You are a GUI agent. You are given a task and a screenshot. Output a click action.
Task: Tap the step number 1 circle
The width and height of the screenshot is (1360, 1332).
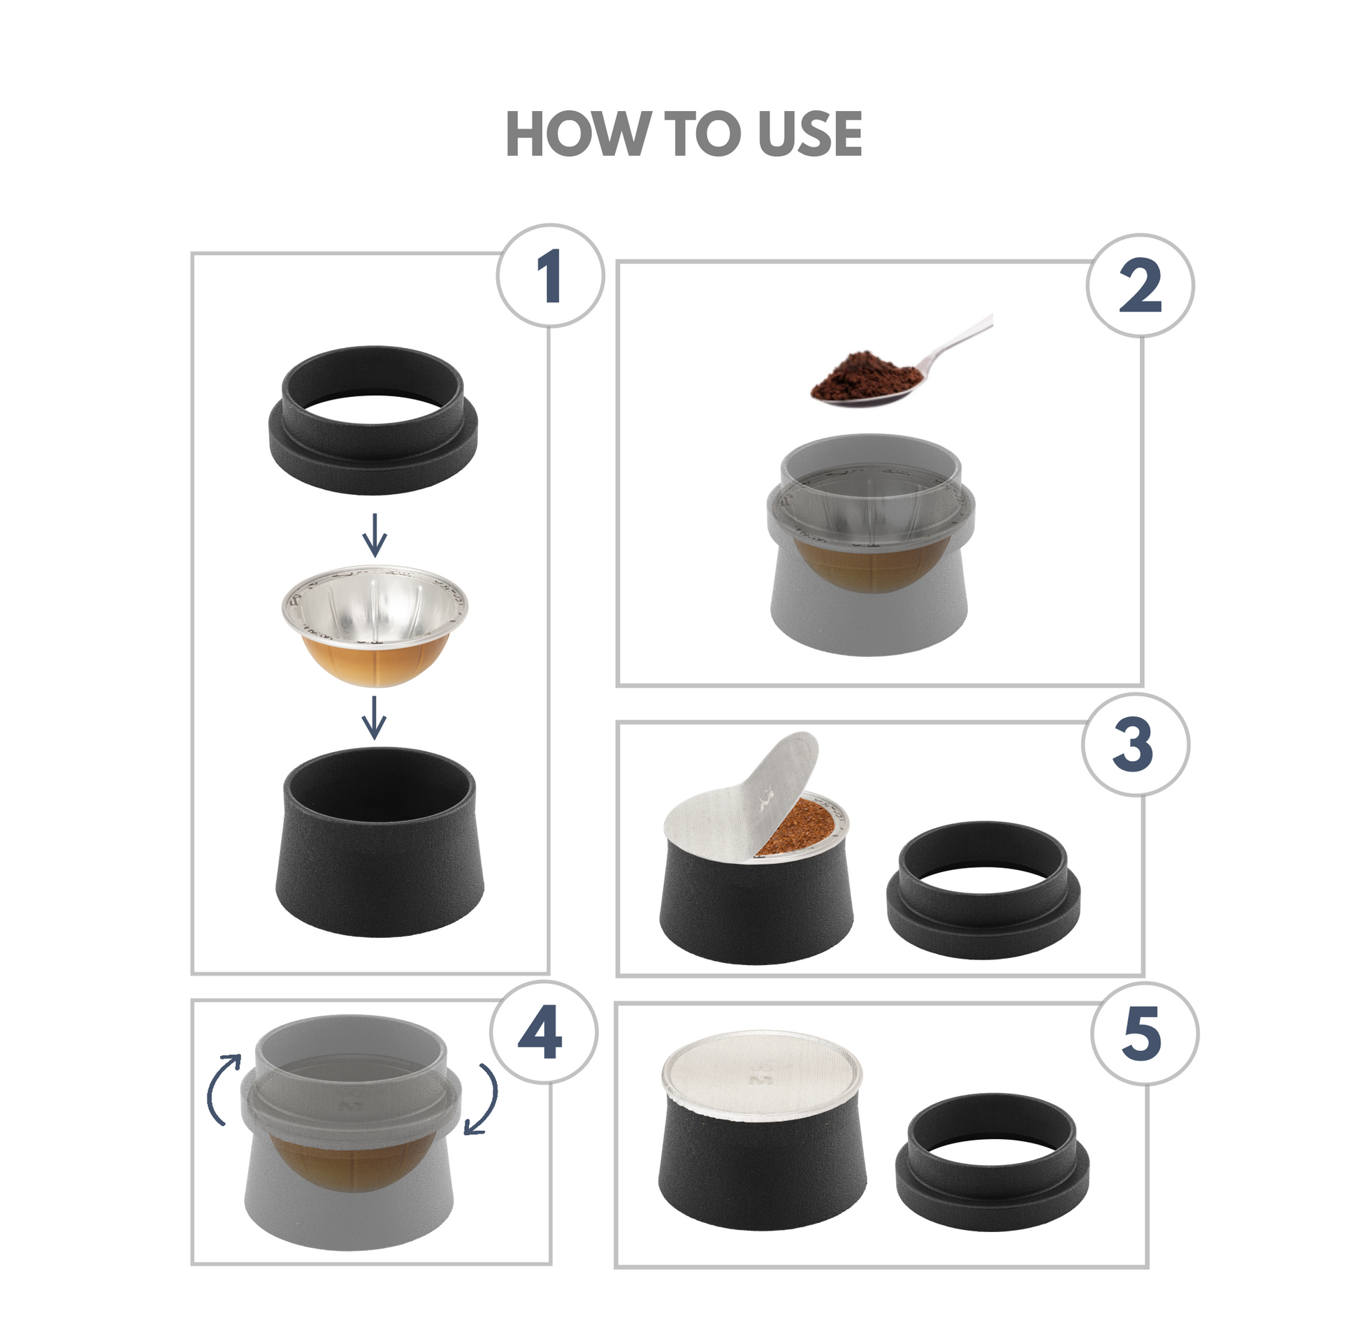click(550, 275)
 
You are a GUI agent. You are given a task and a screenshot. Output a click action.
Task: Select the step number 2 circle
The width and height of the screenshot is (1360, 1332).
click(1141, 286)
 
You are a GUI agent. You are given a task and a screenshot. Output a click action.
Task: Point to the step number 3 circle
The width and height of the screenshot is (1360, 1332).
click(1136, 745)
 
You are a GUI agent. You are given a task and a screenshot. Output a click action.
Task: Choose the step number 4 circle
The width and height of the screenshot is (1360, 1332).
click(544, 1034)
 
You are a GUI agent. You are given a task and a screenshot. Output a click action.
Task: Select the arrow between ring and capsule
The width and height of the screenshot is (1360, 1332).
click(375, 535)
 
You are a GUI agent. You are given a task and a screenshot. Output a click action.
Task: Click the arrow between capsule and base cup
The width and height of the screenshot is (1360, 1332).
click(375, 718)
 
